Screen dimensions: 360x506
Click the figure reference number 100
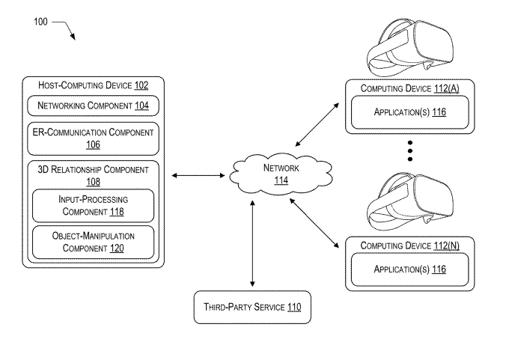tap(40, 22)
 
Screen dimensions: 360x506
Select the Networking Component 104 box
tap(94, 106)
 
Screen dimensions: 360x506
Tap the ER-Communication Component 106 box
tap(94, 138)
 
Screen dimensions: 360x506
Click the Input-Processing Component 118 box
tap(94, 206)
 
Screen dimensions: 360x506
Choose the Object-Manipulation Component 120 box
tap(94, 242)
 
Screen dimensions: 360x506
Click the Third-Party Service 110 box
tap(252, 307)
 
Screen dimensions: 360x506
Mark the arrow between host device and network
tap(198, 176)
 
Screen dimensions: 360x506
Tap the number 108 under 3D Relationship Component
tap(94, 181)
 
